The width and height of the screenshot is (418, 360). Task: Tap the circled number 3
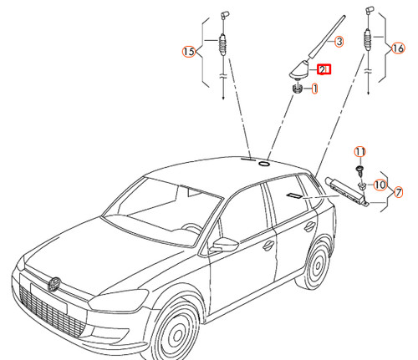(x=339, y=41)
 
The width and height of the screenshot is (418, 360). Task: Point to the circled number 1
(x=314, y=88)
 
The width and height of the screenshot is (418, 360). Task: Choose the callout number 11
(x=359, y=151)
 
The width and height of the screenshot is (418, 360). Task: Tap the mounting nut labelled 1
(x=297, y=89)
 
